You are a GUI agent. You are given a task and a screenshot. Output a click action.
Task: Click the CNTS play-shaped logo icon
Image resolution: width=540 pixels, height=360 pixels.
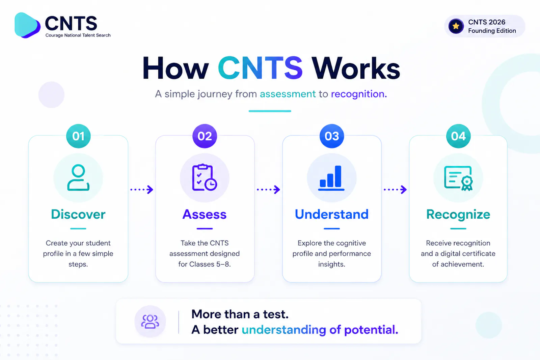[27, 25]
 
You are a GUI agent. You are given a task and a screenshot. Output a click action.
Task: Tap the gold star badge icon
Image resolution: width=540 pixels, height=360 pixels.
[456, 26]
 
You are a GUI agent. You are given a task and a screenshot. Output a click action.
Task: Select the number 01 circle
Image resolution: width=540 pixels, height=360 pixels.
[78, 136]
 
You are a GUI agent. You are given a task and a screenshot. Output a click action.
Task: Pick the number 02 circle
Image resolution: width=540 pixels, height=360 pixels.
[205, 136]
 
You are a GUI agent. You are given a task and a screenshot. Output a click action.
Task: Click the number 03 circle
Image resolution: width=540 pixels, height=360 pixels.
[332, 136]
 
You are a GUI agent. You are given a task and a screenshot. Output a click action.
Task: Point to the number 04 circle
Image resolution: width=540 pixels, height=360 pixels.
[458, 136]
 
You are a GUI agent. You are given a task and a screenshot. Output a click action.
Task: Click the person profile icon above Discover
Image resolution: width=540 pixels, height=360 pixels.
[78, 177]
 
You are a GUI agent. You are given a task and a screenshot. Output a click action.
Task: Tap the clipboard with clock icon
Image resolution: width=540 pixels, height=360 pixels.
[205, 177]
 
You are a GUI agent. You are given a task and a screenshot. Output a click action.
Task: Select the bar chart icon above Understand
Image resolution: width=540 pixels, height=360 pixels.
[331, 178]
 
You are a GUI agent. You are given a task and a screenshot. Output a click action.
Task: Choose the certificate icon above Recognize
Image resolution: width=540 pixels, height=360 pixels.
[458, 178]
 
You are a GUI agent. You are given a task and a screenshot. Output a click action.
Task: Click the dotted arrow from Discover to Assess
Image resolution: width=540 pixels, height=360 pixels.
[142, 190]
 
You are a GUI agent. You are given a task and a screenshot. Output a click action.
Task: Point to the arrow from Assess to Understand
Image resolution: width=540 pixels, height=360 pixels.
[268, 190]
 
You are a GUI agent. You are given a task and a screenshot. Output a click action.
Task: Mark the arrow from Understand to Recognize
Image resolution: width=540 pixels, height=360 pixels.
[395, 190]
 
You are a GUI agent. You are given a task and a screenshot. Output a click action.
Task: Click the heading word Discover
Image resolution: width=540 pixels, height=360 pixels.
[78, 214]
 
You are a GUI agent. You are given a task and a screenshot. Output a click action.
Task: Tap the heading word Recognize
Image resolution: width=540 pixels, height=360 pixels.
[458, 215]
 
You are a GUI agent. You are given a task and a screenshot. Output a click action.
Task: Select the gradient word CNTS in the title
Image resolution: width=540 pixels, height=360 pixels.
[260, 68]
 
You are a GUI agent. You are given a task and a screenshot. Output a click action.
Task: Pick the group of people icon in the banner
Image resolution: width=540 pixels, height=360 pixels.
[150, 322]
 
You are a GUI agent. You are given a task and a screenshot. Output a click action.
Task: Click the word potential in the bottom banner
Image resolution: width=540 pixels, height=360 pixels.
[371, 330]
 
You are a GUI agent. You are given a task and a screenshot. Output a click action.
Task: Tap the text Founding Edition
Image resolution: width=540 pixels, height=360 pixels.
[492, 31]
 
